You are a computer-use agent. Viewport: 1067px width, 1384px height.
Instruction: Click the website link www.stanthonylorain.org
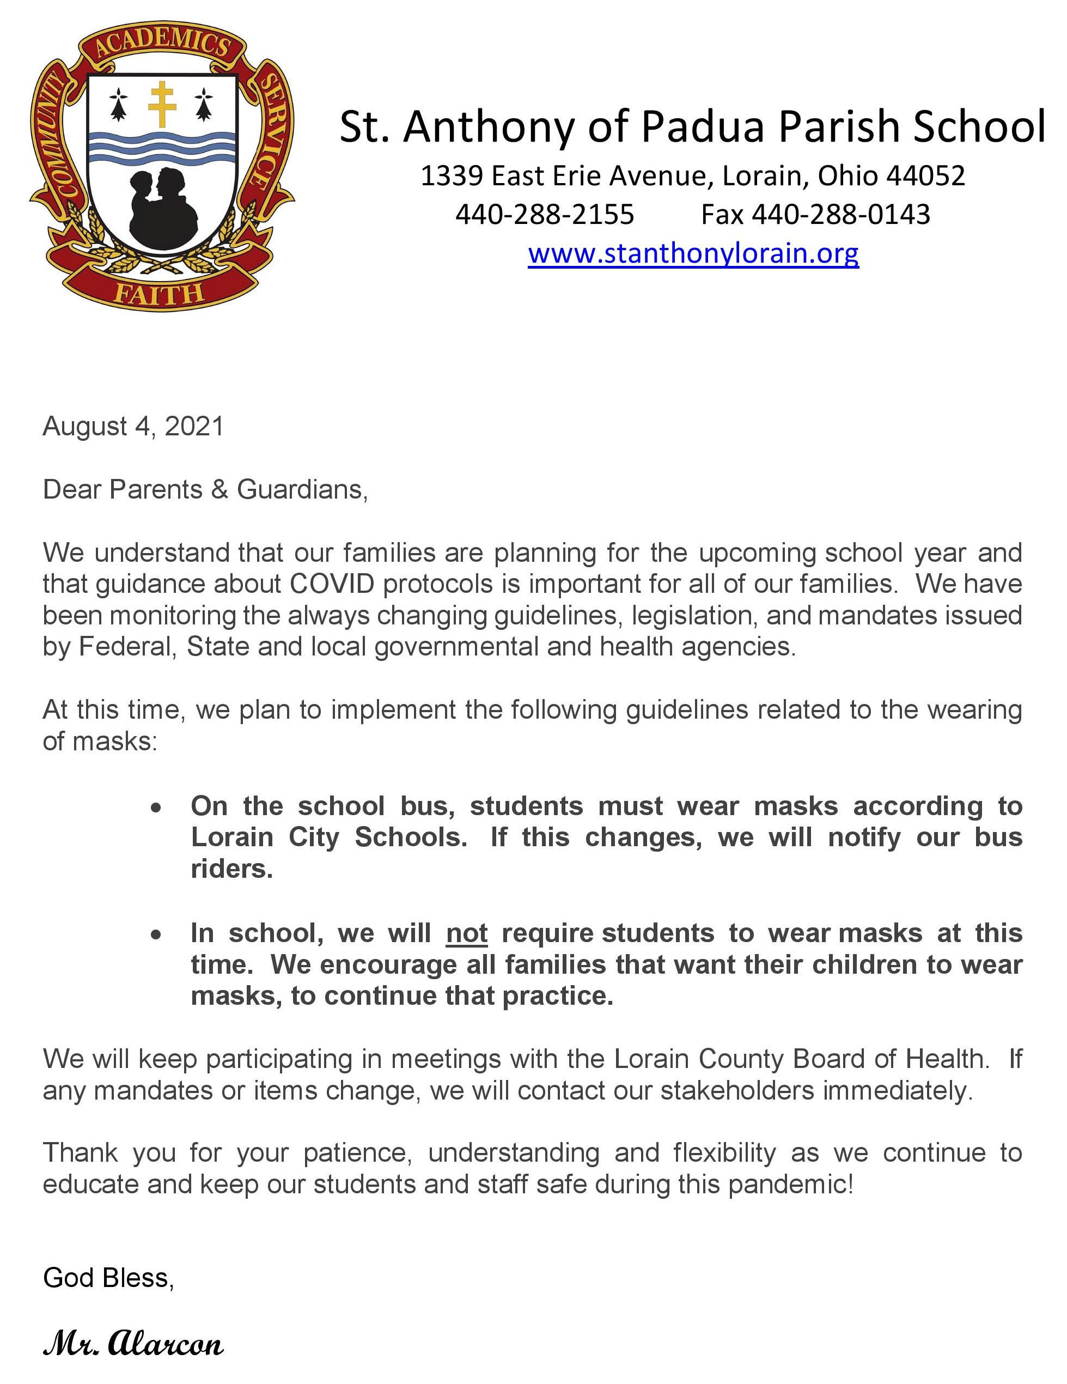click(693, 253)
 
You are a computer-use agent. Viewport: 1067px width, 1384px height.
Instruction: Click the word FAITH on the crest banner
click(159, 293)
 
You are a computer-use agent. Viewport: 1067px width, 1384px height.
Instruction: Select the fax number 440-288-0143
click(841, 215)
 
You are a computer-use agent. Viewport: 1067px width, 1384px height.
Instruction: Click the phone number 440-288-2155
click(544, 215)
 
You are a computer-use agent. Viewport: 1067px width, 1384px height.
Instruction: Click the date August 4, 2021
click(133, 427)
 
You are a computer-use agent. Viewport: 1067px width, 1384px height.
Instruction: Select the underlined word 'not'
click(466, 933)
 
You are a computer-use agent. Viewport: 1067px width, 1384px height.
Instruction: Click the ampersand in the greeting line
click(220, 489)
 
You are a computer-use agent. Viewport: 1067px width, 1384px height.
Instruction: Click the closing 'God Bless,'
click(108, 1278)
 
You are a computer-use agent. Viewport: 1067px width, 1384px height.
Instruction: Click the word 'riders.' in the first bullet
click(232, 869)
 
